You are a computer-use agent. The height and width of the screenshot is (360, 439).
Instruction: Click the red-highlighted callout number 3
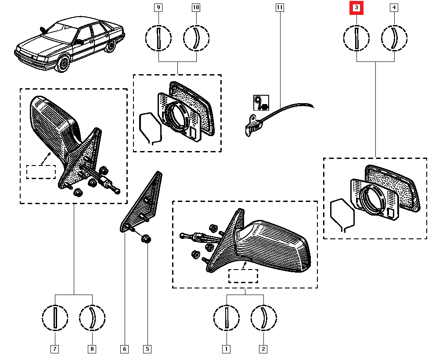pos(356,7)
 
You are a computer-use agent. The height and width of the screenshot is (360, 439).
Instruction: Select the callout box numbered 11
pos(280,7)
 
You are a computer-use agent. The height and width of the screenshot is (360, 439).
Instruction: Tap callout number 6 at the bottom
pos(124,349)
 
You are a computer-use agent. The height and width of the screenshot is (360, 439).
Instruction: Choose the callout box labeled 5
pos(147,349)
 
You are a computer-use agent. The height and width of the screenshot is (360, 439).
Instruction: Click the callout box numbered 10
pos(196,7)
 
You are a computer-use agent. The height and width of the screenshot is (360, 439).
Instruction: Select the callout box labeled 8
pos(92,349)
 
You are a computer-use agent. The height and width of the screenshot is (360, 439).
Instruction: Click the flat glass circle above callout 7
pos(55,317)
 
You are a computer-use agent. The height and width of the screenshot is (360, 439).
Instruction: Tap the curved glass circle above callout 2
pos(263,317)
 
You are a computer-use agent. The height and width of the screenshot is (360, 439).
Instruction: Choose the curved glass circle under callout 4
pos(394,39)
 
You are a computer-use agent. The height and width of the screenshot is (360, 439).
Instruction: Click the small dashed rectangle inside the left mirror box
pos(41,172)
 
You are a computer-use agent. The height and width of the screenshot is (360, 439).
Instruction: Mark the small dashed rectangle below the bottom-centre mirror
pos(243,276)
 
